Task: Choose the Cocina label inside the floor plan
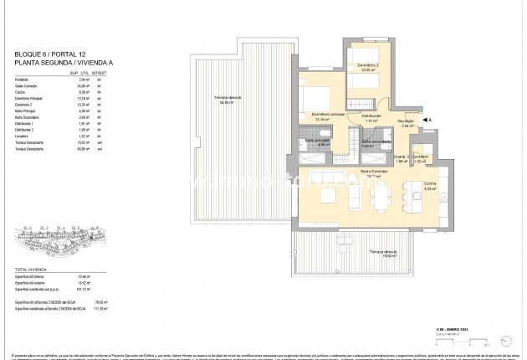tap(430, 185)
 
